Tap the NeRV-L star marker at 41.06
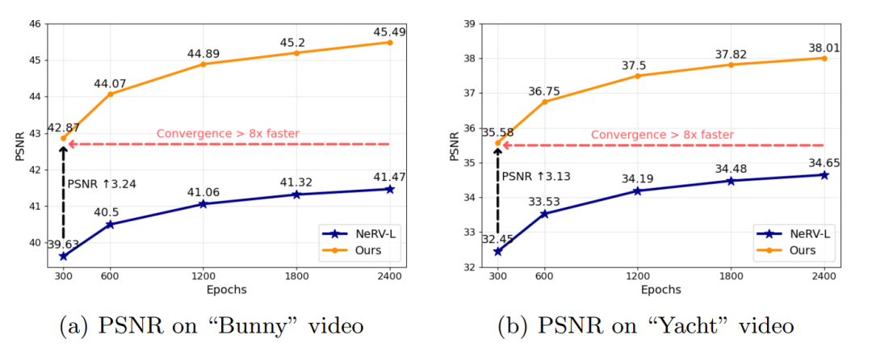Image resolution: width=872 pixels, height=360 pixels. pyautogui.click(x=203, y=203)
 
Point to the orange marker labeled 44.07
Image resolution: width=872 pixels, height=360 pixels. pyautogui.click(x=110, y=94)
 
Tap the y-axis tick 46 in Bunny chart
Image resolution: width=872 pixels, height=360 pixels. pyautogui.click(x=35, y=23)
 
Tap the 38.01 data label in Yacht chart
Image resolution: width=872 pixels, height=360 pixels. pyautogui.click(x=824, y=48)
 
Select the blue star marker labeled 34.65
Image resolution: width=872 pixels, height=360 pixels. pyautogui.click(x=824, y=174)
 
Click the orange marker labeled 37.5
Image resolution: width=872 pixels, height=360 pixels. pyautogui.click(x=638, y=76)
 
